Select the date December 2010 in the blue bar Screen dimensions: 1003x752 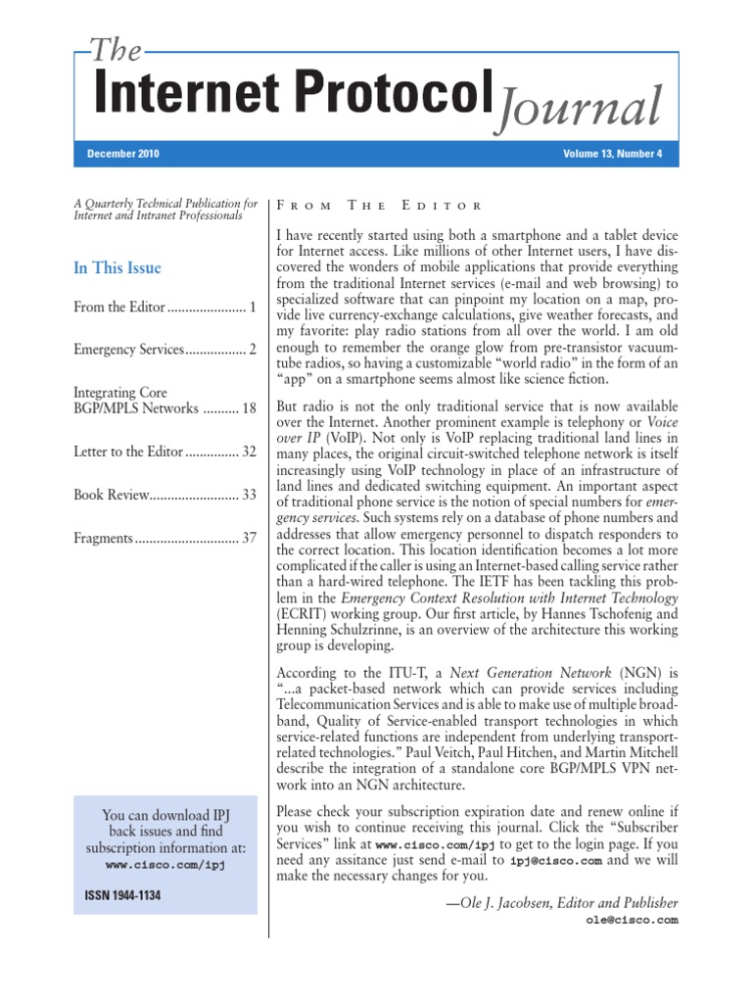pos(123,154)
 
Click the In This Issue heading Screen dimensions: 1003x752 pos(117,267)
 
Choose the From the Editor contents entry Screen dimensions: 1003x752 pos(119,308)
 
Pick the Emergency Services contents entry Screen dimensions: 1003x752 pos(128,349)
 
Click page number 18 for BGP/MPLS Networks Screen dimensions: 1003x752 pos(249,408)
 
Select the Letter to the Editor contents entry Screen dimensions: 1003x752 pos(128,452)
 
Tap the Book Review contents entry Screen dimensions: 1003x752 pos(112,495)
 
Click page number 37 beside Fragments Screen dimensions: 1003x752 pos(249,537)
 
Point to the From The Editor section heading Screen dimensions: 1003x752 pos(380,206)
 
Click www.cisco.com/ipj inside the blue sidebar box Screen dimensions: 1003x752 pos(165,866)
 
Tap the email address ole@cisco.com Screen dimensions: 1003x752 pos(632,921)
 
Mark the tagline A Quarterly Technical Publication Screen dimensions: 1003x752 pos(165,204)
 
